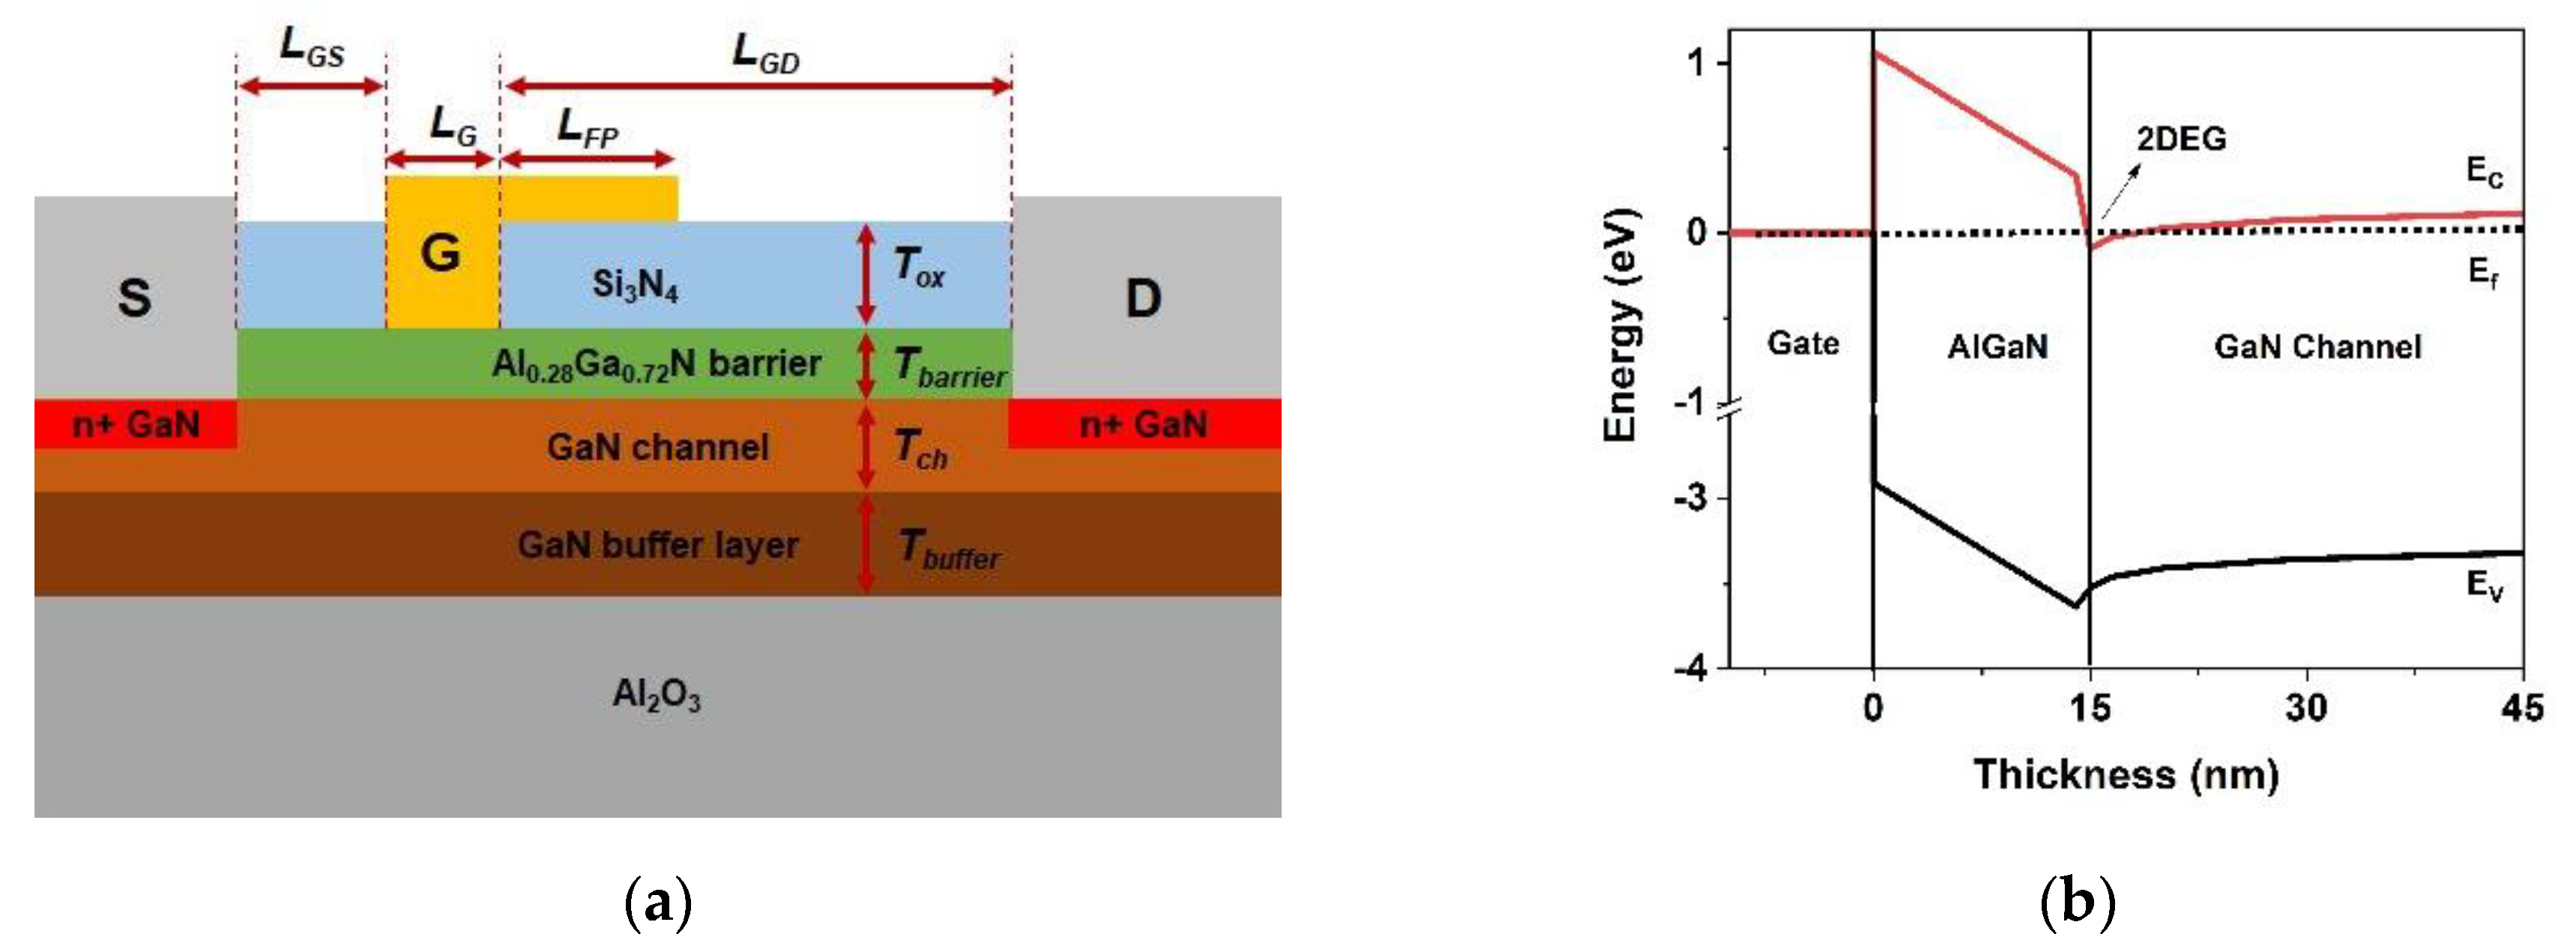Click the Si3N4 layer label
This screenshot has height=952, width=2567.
(x=635, y=285)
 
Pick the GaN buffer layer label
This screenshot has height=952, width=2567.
(x=658, y=545)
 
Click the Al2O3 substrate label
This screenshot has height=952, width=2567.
(x=656, y=694)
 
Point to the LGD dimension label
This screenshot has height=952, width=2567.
(x=765, y=52)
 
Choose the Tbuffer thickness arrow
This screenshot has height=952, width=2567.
(x=866, y=544)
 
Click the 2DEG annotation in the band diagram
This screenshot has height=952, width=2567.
(x=2180, y=139)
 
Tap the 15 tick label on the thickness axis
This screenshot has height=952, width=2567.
(x=2090, y=709)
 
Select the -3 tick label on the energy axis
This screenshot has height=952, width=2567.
(x=1690, y=498)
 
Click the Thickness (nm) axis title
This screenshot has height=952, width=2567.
(x=2126, y=774)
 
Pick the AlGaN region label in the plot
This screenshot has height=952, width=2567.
(x=1997, y=346)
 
